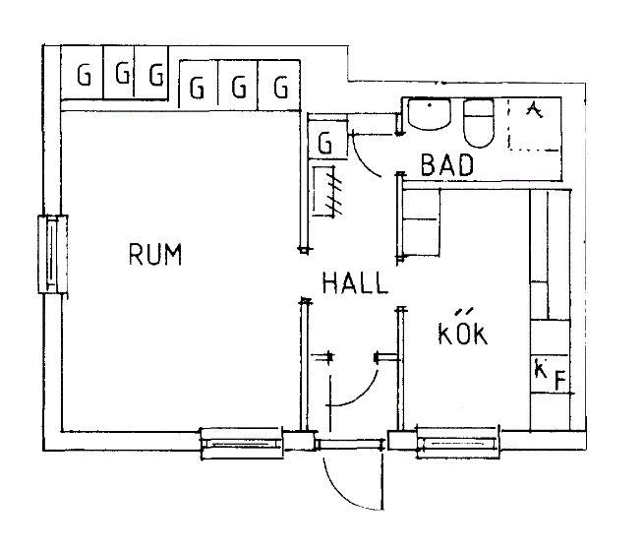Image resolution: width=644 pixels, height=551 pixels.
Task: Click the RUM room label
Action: (155, 255)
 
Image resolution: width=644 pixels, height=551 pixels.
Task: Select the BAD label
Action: (447, 165)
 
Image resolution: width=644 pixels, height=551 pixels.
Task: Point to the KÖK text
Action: (462, 332)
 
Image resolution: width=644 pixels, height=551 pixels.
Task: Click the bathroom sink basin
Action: (430, 115)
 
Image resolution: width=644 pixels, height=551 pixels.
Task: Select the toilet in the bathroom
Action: (478, 122)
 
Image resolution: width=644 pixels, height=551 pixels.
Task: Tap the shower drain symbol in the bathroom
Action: (534, 109)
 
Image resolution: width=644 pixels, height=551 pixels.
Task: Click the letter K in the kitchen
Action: (540, 370)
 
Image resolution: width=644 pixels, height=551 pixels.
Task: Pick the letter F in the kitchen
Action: (557, 381)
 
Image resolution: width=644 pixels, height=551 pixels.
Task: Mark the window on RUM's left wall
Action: (51, 253)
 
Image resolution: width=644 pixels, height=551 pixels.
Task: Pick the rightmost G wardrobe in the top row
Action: (282, 89)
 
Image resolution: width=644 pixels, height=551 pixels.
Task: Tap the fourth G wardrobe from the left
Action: (198, 89)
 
